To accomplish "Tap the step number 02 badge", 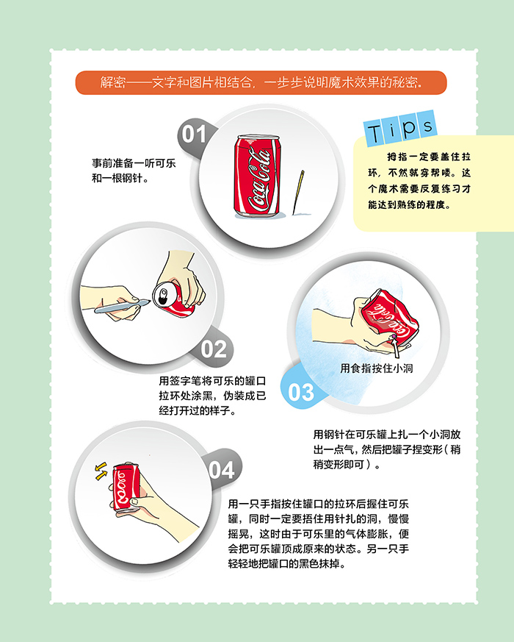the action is (214, 349).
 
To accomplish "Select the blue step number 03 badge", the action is (301, 392).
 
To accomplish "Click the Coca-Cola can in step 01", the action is (258, 175).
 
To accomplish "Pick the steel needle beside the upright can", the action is (298, 193).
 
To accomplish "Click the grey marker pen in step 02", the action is (122, 306).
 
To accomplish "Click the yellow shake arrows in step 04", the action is (101, 471).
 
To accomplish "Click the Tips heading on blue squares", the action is (400, 128).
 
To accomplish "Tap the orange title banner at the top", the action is (261, 82).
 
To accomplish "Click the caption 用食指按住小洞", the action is (376, 368).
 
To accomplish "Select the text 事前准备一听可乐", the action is (134, 163).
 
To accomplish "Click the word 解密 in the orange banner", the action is (113, 82).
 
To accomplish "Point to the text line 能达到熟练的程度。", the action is (409, 204).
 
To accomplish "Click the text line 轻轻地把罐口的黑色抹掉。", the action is (286, 564).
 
